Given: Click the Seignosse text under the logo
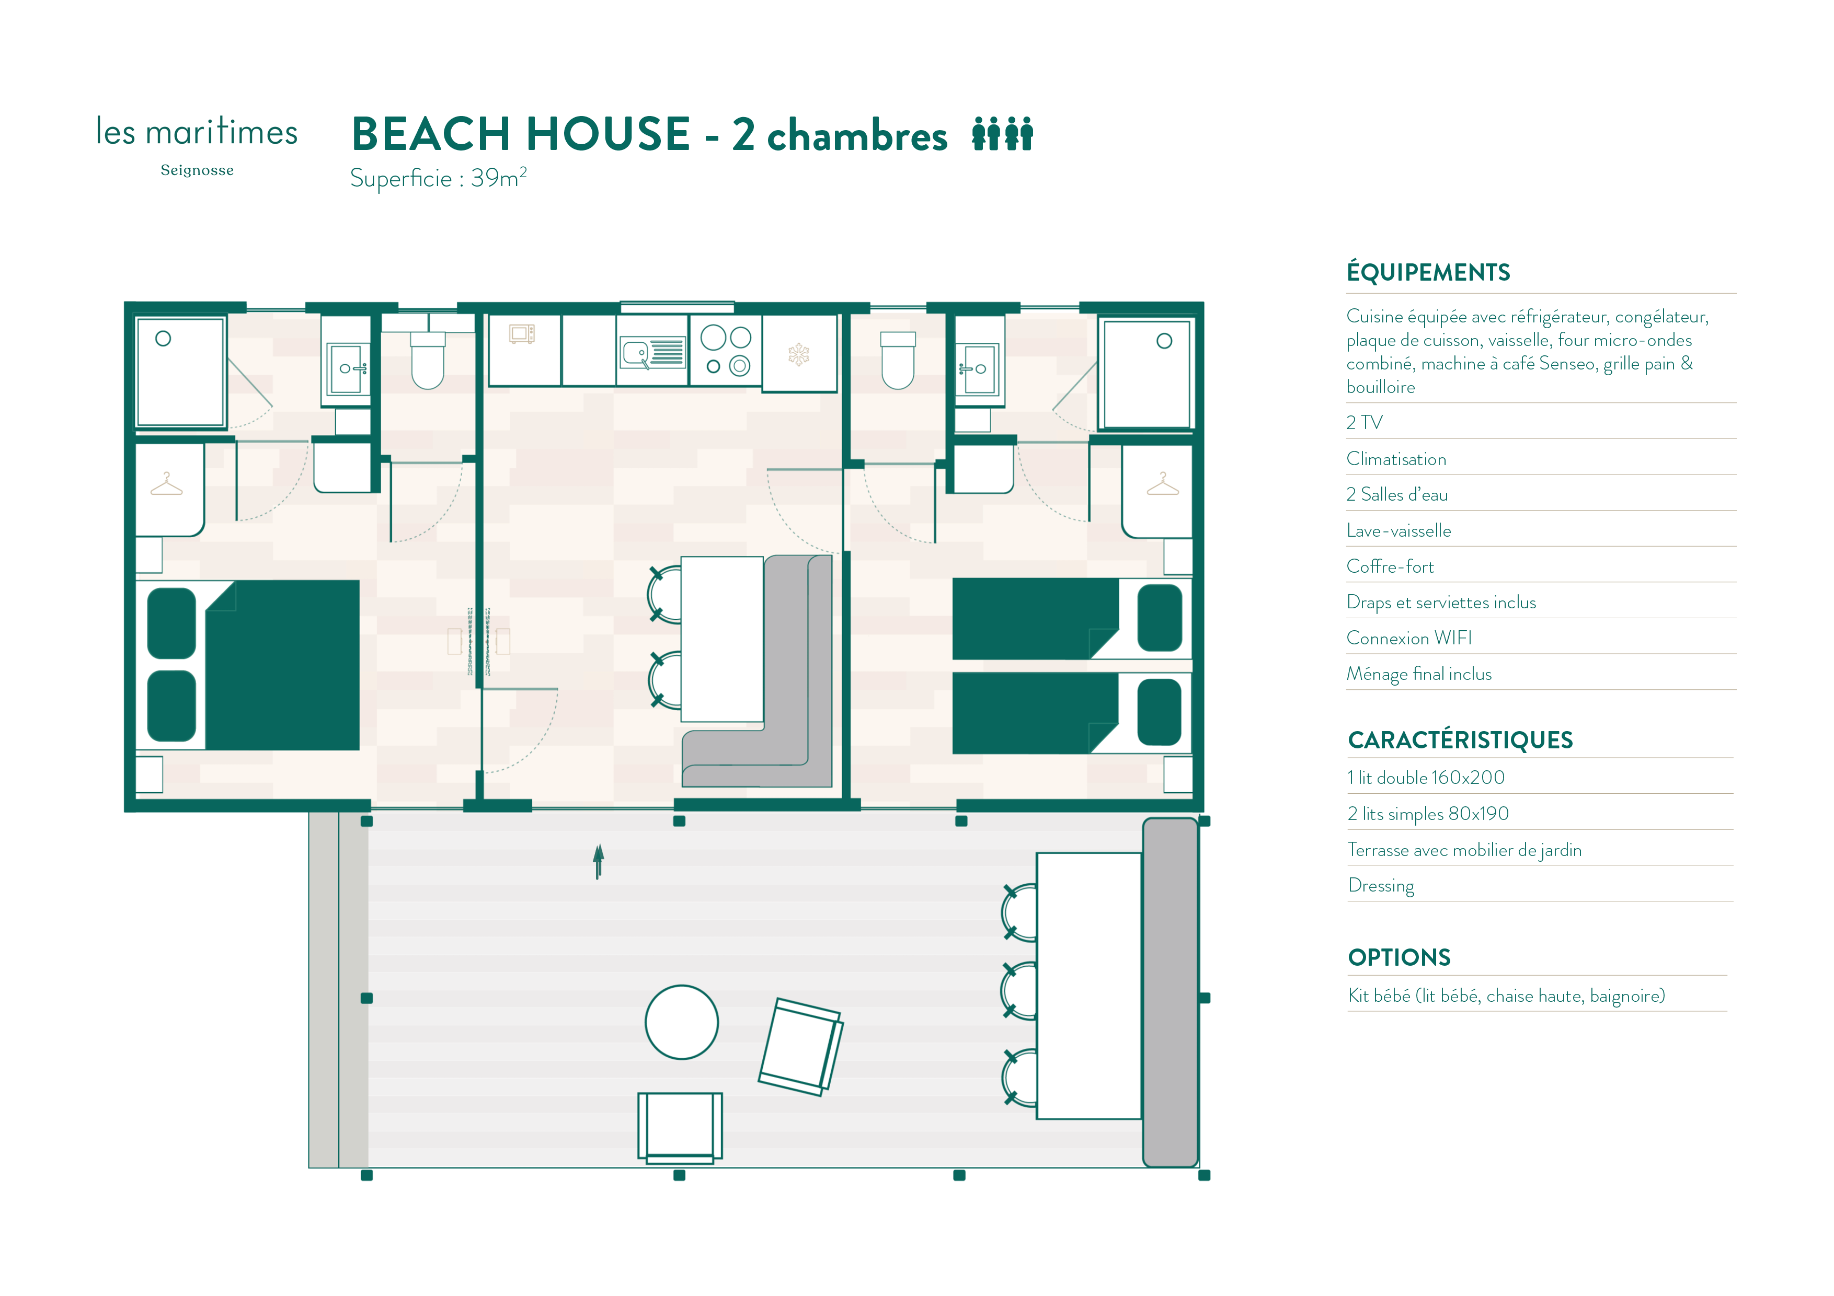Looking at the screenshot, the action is [x=197, y=170].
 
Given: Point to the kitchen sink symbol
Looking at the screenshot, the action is [x=652, y=352].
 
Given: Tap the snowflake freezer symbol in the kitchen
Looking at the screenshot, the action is [x=799, y=354].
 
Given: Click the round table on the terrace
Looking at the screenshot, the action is [x=681, y=1022].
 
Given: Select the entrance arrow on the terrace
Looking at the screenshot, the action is [x=598, y=862].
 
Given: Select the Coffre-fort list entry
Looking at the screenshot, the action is [x=1391, y=567].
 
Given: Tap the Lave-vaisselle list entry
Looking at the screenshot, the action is [x=1399, y=531].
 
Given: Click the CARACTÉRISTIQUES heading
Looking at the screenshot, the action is [x=1460, y=740].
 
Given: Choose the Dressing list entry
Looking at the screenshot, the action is [x=1381, y=886].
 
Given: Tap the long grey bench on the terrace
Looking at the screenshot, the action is [x=1170, y=992].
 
